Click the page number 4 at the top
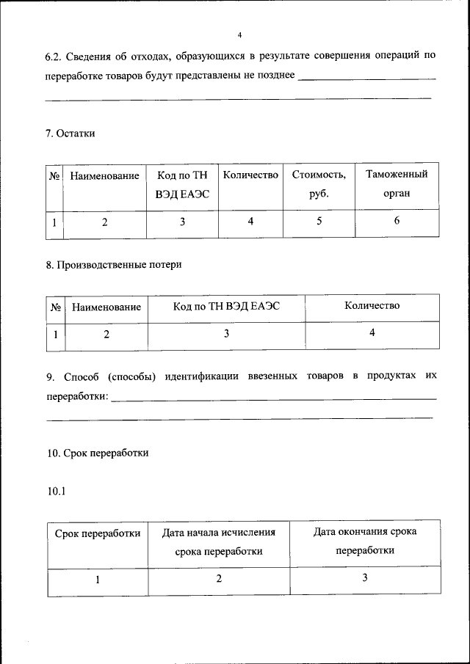coord(239,34)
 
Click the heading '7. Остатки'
coord(70,133)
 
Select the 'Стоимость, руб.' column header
coord(319,184)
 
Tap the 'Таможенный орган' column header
coord(397,183)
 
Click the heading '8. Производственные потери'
coord(114,265)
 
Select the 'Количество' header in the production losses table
coord(372,306)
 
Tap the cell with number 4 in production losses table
coord(372,332)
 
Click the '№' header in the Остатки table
coord(54,176)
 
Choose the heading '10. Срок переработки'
coord(97,453)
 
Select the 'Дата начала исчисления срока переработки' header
coord(219,542)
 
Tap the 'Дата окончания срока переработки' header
coord(365,541)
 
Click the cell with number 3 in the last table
coord(365,577)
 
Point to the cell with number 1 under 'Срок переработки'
coord(97,579)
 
